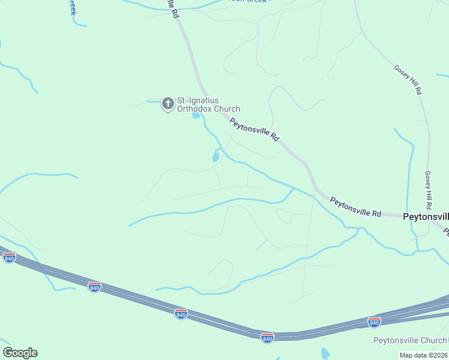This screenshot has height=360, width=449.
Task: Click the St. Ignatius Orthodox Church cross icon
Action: [168, 104]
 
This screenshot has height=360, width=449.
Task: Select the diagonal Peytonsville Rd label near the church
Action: [255, 129]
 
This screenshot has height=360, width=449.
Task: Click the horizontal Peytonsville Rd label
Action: [355, 208]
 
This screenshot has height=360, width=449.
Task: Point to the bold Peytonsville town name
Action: [425, 217]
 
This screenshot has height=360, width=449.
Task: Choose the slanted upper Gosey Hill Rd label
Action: [408, 80]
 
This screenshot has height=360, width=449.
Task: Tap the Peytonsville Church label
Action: [410, 341]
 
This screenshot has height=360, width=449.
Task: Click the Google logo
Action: [20, 353]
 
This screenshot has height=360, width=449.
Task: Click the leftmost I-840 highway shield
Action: [9, 258]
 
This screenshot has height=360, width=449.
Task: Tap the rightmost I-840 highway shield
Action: [374, 322]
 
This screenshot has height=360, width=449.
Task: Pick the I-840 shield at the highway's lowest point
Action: [268, 337]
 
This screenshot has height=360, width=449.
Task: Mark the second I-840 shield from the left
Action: [94, 287]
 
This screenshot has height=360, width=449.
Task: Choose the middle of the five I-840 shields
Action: [181, 313]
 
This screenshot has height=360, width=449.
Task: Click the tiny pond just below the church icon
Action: [196, 115]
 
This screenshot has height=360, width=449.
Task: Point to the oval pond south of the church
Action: [215, 157]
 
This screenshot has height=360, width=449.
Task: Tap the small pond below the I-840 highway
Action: [325, 353]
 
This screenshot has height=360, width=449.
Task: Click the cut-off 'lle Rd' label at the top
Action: [172, 12]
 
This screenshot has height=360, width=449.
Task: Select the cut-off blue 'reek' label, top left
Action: [73, 7]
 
